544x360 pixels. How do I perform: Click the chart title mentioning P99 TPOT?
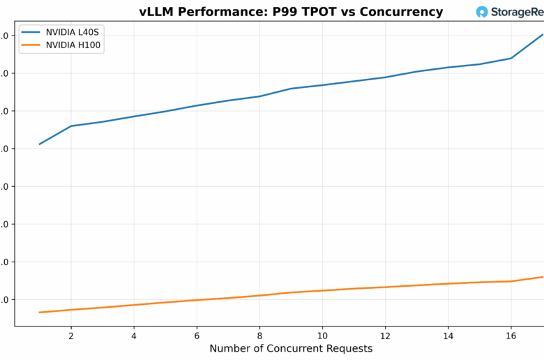[x=291, y=12]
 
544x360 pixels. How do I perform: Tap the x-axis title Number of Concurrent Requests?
[x=291, y=348]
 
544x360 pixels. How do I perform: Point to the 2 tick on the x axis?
[x=71, y=335]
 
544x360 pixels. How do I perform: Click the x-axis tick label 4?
[x=134, y=335]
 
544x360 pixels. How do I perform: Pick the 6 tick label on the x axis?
[x=197, y=335]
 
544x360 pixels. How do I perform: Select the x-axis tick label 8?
[x=259, y=335]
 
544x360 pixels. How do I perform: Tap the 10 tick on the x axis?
[x=322, y=335]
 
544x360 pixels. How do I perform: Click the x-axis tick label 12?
[x=385, y=335]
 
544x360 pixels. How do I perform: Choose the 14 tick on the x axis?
[x=448, y=335]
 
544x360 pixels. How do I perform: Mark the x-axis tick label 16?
[x=511, y=335]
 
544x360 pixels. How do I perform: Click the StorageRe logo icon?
[x=482, y=12]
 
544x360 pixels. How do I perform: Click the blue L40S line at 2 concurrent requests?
[x=71, y=126]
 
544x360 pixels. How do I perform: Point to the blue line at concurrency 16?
[x=511, y=58]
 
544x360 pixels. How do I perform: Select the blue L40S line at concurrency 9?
[x=291, y=89]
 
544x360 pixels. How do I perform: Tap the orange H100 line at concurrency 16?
[x=511, y=281]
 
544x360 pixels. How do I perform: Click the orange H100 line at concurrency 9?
[x=291, y=292]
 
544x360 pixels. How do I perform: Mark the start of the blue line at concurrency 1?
[x=40, y=144]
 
